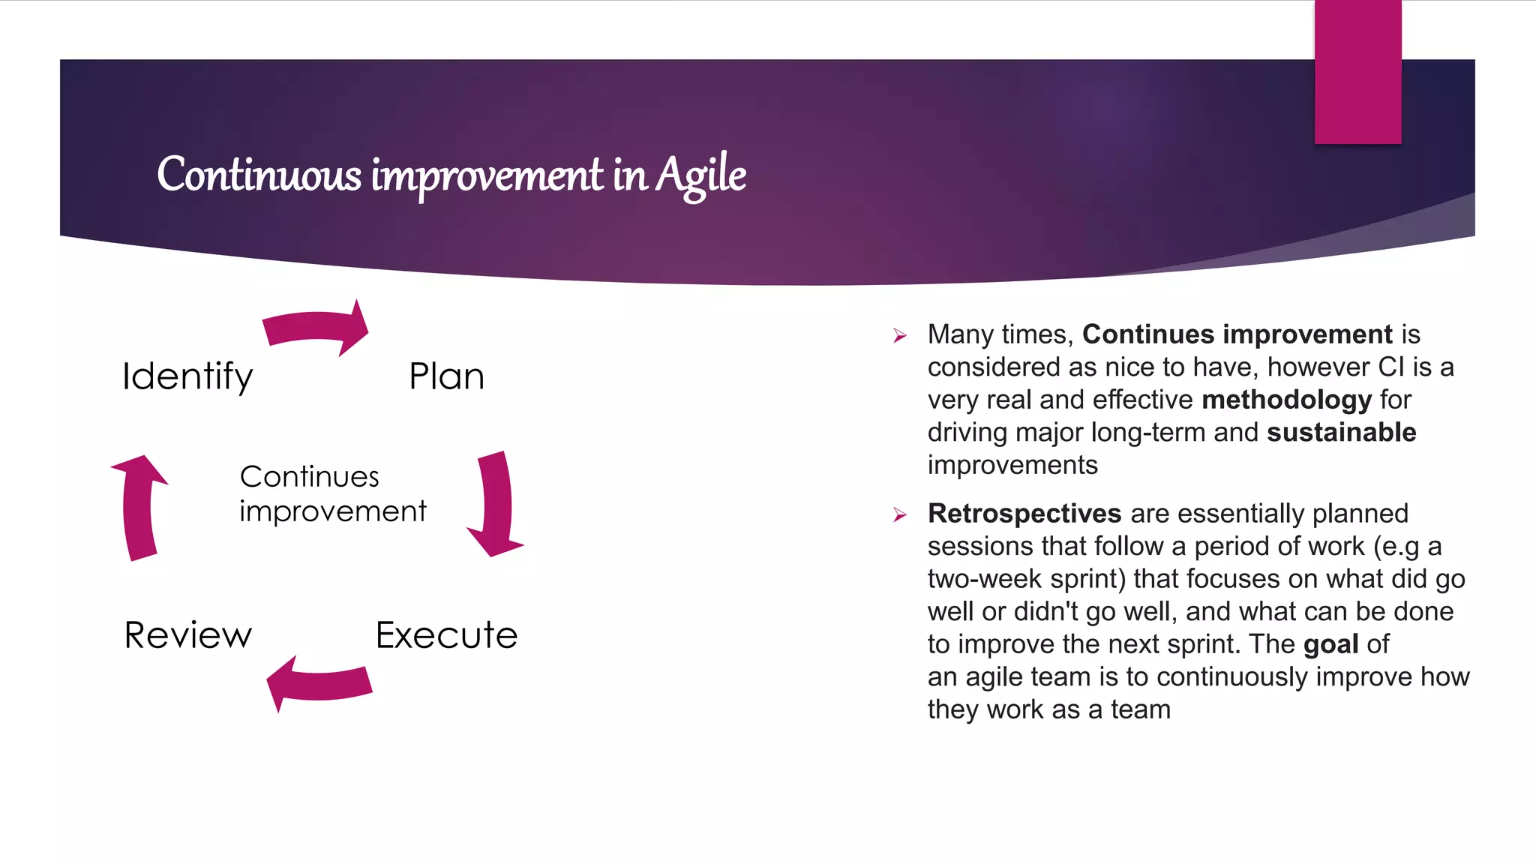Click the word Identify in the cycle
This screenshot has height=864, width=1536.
pos(187,376)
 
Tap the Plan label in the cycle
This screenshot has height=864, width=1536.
pos(446,376)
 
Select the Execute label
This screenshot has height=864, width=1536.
pos(446,635)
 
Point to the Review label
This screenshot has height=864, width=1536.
pos(187,635)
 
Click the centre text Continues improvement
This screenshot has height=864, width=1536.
pos(331,493)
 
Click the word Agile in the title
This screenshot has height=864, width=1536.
pos(700,174)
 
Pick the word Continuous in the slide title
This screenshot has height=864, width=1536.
pos(259,174)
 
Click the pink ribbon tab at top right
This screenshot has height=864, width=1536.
pos(1357,71)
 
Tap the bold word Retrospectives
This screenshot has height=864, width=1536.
pos(1024,514)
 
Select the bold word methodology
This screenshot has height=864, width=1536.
pos(1286,400)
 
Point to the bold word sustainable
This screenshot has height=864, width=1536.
pos(1341,433)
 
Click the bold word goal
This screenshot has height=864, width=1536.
pos(1330,644)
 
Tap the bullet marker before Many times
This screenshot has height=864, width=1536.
pos(900,336)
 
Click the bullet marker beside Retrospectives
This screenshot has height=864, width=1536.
pos(900,515)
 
